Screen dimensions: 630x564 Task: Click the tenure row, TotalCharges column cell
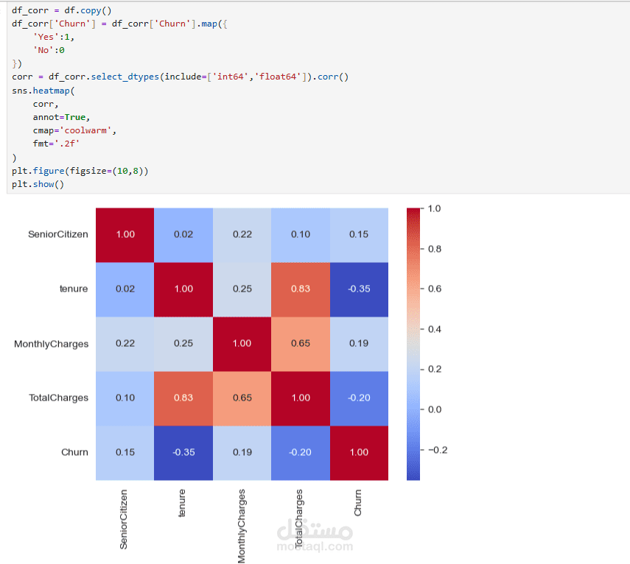coord(301,289)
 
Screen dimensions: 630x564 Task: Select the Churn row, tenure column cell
coord(183,453)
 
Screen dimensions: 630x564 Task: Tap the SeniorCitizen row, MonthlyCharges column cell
coord(242,235)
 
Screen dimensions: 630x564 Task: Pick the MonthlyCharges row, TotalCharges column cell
coord(301,344)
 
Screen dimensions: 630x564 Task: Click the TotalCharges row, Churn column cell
coord(359,398)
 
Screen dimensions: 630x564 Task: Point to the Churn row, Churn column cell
coord(359,453)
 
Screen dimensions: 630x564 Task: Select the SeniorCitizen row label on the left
coord(58,234)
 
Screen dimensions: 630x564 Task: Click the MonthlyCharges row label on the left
coord(51,344)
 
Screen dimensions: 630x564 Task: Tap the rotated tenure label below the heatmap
coord(182,503)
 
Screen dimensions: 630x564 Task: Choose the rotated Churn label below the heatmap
coord(357,503)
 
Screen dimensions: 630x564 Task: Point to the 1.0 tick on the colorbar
coord(434,209)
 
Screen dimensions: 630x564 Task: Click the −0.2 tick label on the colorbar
coord(438,450)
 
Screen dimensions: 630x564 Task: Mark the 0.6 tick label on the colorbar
coord(434,289)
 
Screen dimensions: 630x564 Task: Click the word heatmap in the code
coord(52,91)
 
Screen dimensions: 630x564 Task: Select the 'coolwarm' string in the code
coord(85,130)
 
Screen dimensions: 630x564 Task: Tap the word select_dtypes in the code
coord(125,77)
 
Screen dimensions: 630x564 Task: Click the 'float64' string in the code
coord(278,77)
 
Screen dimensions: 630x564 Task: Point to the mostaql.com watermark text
coord(315,546)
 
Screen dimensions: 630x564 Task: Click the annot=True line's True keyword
coord(75,117)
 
